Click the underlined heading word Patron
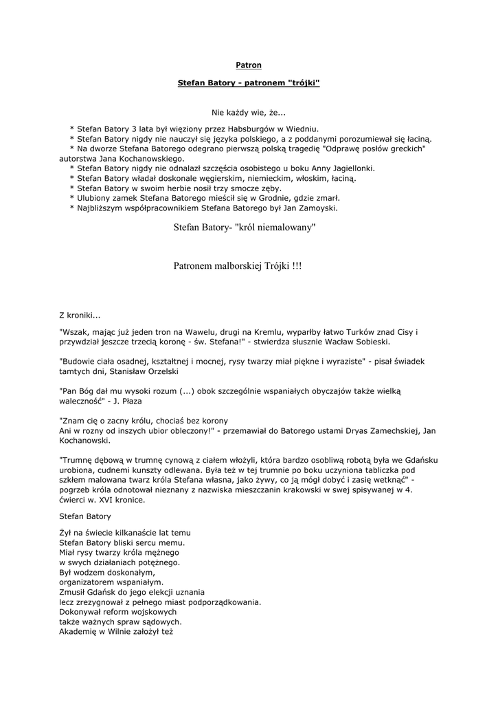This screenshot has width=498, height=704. pos(249,65)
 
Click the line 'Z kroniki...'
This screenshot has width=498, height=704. pos(80,315)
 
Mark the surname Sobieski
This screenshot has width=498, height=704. pos(372,341)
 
